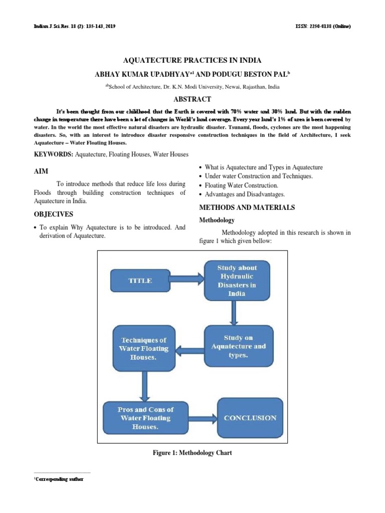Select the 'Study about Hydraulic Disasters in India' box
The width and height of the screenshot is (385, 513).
click(237, 281)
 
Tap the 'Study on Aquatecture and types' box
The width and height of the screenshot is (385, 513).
click(238, 346)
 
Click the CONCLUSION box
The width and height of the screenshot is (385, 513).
click(250, 418)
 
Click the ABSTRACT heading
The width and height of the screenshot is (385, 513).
click(192, 99)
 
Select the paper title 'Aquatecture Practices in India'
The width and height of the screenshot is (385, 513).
click(192, 61)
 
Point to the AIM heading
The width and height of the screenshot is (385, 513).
click(41, 171)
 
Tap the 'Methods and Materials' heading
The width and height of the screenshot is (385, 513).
click(247, 207)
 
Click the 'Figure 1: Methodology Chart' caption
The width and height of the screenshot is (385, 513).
click(192, 453)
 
